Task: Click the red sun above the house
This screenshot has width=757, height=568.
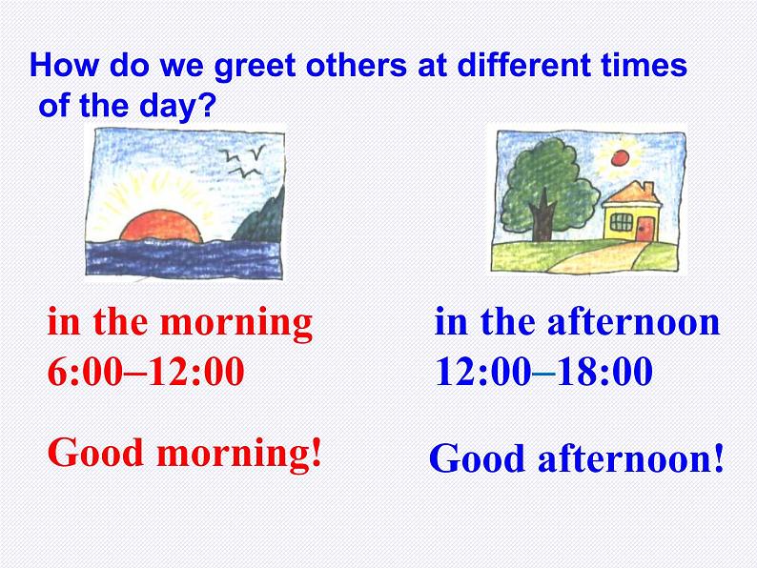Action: tap(623, 156)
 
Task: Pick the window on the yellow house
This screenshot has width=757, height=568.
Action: tap(620, 223)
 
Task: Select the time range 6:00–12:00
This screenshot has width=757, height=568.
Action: tap(146, 372)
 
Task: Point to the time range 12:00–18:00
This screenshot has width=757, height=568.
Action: tap(543, 372)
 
